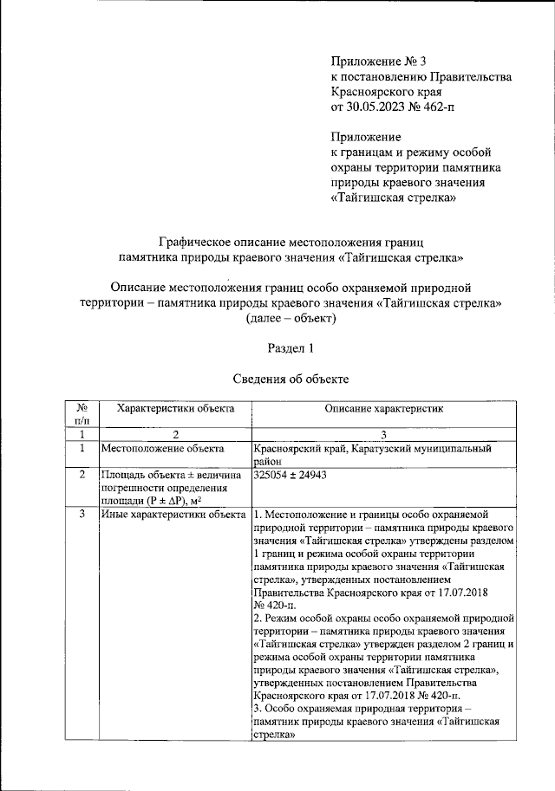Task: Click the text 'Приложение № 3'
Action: (x=379, y=62)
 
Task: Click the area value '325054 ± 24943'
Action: (x=290, y=475)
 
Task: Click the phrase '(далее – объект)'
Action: (x=290, y=318)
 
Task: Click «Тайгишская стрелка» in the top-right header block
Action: (x=395, y=198)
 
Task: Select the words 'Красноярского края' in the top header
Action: (x=387, y=92)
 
